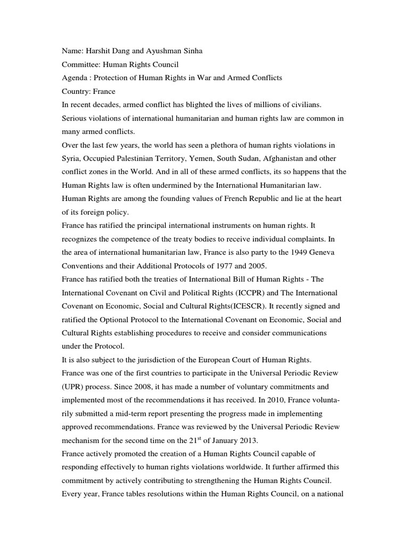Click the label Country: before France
pos(76,91)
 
